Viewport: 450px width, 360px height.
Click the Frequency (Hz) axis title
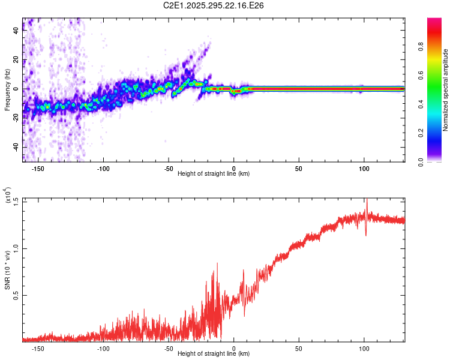pos(7,90)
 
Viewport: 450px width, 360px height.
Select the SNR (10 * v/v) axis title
pos(7,269)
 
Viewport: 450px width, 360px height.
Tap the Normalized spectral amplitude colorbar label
pos(445,90)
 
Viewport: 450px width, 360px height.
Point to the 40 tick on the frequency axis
pos(16,31)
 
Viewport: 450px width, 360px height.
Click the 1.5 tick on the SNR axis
pos(16,201)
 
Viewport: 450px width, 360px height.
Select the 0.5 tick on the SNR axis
pos(16,295)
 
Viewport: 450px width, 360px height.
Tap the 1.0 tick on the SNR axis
pos(16,248)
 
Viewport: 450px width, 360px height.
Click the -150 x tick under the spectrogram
pos(38,169)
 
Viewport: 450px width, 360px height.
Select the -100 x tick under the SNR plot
pos(103,349)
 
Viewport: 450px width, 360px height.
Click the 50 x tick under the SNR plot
pos(299,349)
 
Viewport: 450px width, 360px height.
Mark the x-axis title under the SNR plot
pos(214,355)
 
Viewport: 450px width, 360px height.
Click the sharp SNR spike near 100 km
pos(367,204)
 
